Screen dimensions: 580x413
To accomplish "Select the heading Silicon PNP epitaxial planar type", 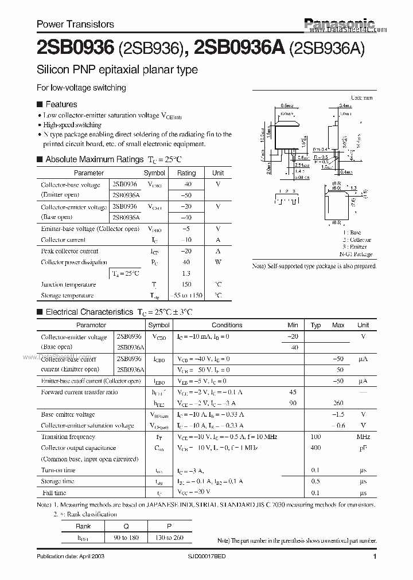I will [x=117, y=70].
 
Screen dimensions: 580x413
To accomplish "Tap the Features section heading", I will [x=61, y=104].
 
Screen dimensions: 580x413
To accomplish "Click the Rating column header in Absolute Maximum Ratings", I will [x=186, y=173].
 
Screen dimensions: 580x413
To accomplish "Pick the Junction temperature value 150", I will [x=186, y=284].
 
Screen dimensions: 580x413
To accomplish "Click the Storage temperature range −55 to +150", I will [x=186, y=295].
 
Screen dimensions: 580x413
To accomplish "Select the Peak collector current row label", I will [x=69, y=251].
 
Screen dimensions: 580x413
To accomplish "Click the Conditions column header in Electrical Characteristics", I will [x=227, y=325].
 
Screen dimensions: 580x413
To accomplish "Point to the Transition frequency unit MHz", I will [x=363, y=437].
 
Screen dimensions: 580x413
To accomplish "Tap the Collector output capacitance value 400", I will [x=315, y=448].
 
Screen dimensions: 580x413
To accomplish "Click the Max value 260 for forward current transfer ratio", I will [x=338, y=403].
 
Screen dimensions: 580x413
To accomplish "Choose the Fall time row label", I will [x=53, y=492].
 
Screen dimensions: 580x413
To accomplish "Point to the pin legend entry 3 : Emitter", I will [x=359, y=247].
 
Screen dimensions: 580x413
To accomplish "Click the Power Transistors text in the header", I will [x=75, y=24].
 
